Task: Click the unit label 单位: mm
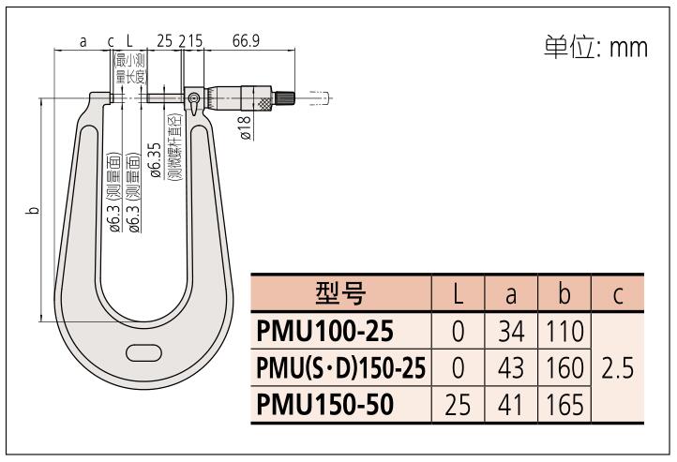(x=595, y=47)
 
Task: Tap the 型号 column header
(x=340, y=294)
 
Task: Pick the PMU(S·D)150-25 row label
(x=340, y=368)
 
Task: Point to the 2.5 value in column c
(x=618, y=368)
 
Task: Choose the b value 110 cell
(x=564, y=331)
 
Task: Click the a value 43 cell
(x=510, y=368)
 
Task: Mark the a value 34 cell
(x=510, y=331)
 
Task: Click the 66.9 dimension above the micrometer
(x=246, y=42)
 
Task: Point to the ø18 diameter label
(x=245, y=127)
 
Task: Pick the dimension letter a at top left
(x=83, y=42)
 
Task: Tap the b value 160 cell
(x=564, y=368)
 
